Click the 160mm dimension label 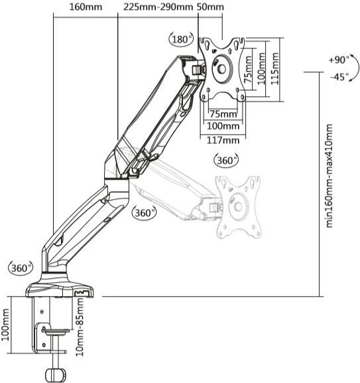click(x=86, y=7)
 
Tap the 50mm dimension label click(x=211, y=7)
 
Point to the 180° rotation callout click(x=180, y=39)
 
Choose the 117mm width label click(x=223, y=139)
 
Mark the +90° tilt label click(x=339, y=60)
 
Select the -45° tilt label click(x=339, y=77)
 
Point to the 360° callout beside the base click(x=20, y=268)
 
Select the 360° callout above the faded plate click(x=226, y=161)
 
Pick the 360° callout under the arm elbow click(x=145, y=212)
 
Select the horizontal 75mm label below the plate click(x=223, y=114)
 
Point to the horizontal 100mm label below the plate click(x=223, y=126)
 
